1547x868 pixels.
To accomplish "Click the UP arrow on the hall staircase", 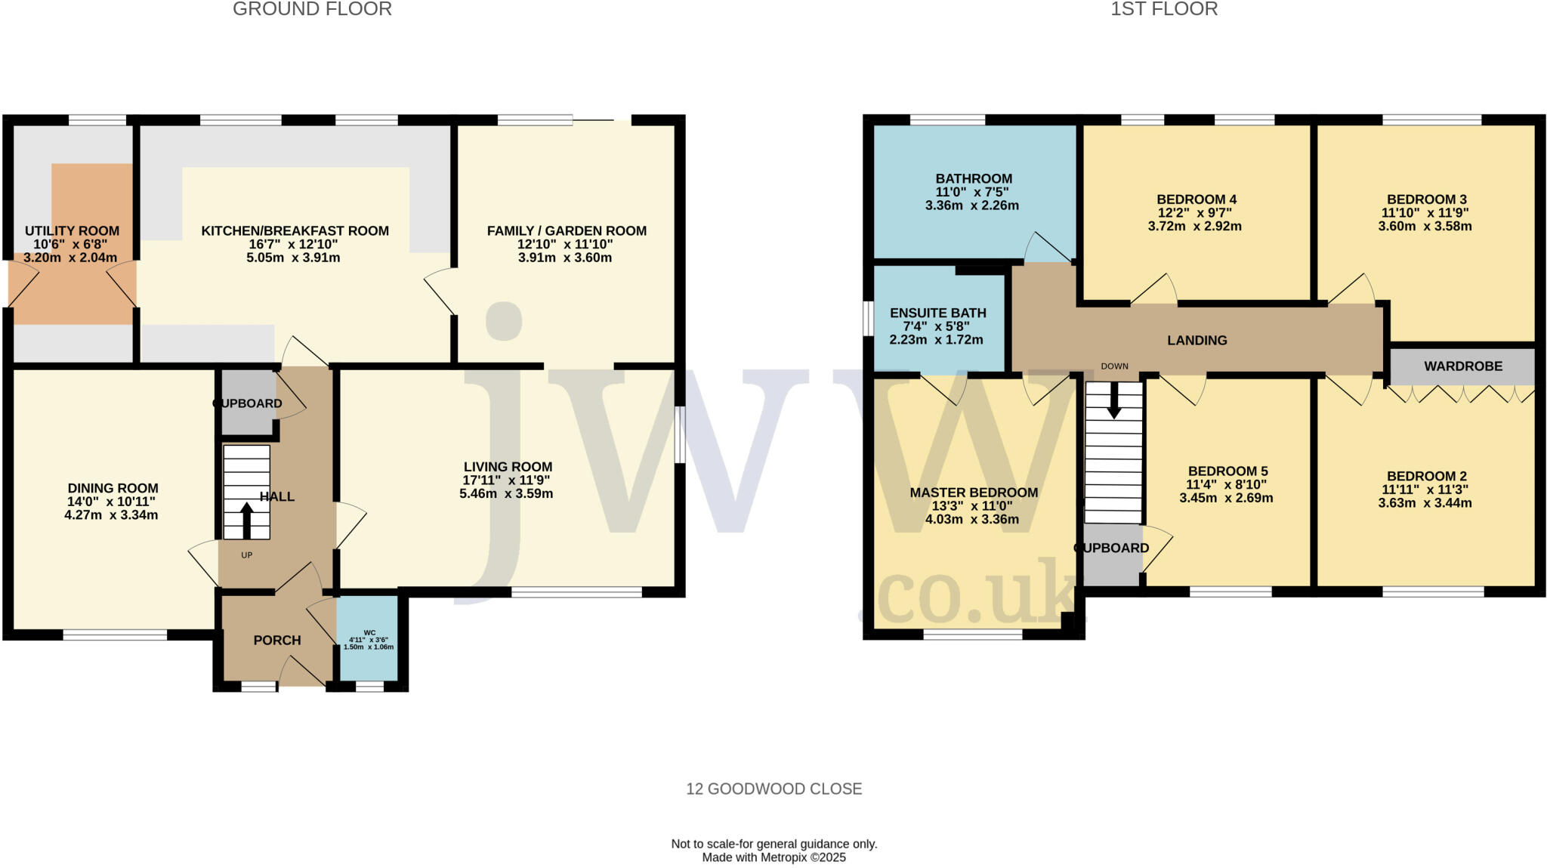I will click(x=246, y=520).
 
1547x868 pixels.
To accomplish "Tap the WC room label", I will click(x=369, y=632).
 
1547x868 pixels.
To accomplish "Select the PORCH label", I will click(x=277, y=641).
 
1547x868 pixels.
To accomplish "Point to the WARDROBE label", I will click(x=1463, y=366).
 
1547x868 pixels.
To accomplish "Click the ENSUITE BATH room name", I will click(x=937, y=313).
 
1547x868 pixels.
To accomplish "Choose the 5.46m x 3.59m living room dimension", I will click(x=506, y=494).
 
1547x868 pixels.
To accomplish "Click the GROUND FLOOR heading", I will click(x=312, y=9).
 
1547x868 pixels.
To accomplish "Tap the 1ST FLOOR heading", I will click(x=1164, y=9).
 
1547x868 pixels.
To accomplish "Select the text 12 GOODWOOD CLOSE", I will click(x=773, y=789).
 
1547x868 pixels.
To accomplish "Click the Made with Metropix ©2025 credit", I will click(x=773, y=857).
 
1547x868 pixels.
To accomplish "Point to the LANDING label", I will click(x=1197, y=341).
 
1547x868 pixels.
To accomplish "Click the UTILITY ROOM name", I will click(x=72, y=231).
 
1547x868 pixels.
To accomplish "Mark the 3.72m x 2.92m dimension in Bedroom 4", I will click(x=1194, y=226).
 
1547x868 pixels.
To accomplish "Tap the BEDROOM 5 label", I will click(x=1227, y=471).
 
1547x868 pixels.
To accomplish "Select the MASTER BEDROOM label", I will click(x=974, y=493).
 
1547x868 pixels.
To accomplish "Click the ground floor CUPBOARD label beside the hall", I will click(x=248, y=403).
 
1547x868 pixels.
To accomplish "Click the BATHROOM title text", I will click(x=973, y=179).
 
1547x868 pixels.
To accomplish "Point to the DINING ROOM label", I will click(x=113, y=489).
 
